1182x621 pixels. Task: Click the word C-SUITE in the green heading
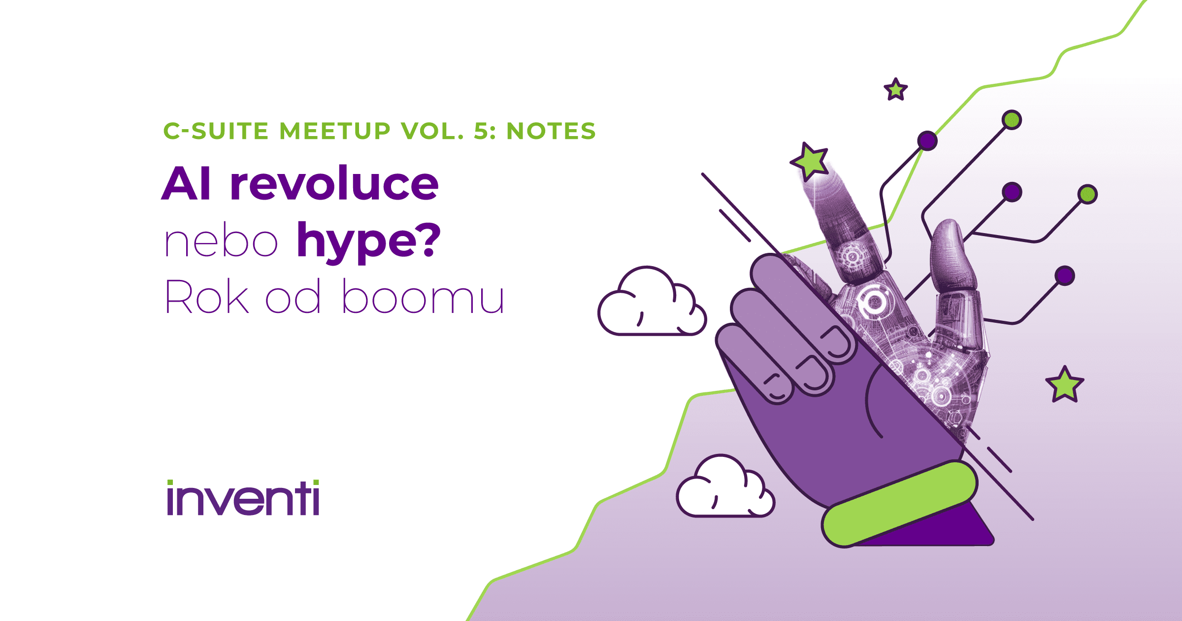tap(216, 131)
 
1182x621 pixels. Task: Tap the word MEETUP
tap(335, 131)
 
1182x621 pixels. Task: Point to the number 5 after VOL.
tap(480, 131)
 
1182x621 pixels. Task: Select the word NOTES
tap(551, 131)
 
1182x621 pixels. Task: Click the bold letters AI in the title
tap(187, 183)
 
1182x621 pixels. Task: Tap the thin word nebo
tap(221, 242)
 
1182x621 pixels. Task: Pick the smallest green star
tap(895, 90)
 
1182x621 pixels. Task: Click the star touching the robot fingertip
tap(810, 161)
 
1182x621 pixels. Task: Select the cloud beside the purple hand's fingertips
tap(651, 303)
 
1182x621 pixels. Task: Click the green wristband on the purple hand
tap(899, 504)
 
